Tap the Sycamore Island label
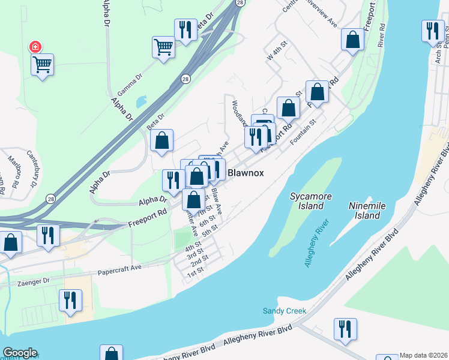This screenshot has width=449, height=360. point(307,201)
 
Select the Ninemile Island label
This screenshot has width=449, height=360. point(364,210)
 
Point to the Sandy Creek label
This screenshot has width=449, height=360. point(285,311)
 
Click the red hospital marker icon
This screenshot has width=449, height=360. point(35,46)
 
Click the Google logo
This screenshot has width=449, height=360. point(20,353)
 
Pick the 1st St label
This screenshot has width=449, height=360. point(196,274)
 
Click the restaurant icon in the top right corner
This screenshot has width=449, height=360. point(432,30)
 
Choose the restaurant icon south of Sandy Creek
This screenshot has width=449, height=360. point(345,328)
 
